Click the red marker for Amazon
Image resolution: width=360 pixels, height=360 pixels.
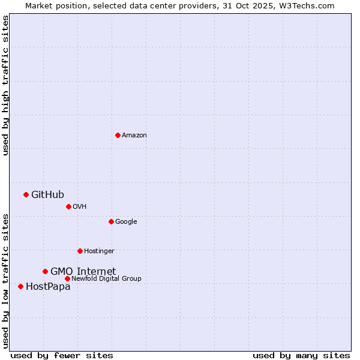click(x=118, y=135)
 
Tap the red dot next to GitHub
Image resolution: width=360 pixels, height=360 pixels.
click(x=26, y=194)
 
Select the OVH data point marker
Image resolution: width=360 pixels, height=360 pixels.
click(x=68, y=206)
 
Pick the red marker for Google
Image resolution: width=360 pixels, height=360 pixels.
click(x=111, y=221)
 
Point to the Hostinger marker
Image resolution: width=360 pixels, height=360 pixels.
click(x=80, y=251)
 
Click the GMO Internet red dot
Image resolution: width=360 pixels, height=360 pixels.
click(x=45, y=271)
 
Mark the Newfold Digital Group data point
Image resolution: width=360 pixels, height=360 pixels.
click(x=67, y=278)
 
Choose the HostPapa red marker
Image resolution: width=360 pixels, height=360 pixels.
click(x=20, y=286)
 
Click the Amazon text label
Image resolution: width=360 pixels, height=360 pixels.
click(x=134, y=136)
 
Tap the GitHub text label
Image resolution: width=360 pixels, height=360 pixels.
click(x=47, y=194)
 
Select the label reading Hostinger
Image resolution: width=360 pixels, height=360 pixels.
click(x=99, y=251)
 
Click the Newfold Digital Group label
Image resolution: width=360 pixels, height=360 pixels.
click(x=106, y=278)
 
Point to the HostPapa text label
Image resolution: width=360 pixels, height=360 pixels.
click(x=48, y=287)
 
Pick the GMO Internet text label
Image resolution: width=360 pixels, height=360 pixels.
click(x=83, y=271)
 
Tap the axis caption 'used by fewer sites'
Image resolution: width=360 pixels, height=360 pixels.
click(x=62, y=355)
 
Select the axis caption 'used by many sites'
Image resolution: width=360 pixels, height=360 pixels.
click(x=301, y=355)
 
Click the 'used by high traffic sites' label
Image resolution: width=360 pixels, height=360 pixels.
click(x=5, y=85)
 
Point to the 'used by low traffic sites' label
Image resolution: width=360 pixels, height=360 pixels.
click(x=5, y=280)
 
